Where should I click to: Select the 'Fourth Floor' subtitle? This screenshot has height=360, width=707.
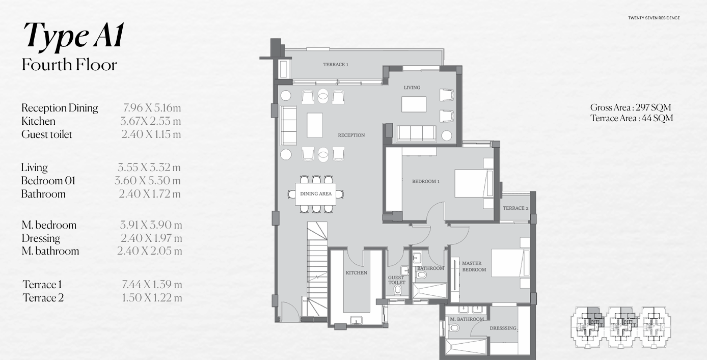(69, 65)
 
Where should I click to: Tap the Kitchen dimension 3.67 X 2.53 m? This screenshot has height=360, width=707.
(150, 121)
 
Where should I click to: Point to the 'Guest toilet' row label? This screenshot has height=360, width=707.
(47, 134)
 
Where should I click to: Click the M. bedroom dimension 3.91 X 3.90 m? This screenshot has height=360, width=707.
(151, 225)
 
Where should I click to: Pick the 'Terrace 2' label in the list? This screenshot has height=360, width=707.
(43, 298)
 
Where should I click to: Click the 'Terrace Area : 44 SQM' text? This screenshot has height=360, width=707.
(632, 118)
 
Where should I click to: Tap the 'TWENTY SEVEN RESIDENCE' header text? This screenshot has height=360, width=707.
(654, 18)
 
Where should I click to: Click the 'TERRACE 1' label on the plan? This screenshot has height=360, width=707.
(336, 65)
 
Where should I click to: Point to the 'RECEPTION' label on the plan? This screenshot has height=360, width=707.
(351, 135)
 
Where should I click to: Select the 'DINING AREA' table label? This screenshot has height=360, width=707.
(316, 194)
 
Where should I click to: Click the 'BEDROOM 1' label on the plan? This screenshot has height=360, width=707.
(426, 181)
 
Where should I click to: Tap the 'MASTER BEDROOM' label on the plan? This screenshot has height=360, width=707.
(473, 266)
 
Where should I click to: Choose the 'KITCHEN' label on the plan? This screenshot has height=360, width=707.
(356, 273)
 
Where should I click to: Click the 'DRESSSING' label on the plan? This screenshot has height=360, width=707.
(503, 328)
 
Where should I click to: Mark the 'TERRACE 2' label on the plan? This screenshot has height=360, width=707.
(515, 208)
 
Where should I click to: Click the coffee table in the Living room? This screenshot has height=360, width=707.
(414, 104)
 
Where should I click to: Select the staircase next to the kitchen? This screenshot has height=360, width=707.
(316, 270)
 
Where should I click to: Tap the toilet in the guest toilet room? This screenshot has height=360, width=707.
(398, 290)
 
